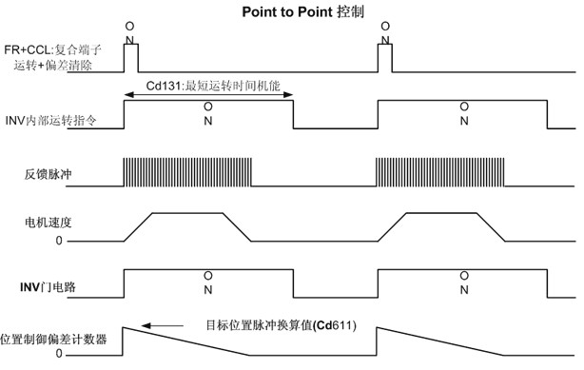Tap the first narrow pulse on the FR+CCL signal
click(x=131, y=58)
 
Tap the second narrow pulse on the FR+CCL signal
click(x=384, y=58)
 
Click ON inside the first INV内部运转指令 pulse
click(x=208, y=114)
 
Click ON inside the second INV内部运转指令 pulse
click(x=463, y=114)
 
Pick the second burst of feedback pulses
click(x=439, y=171)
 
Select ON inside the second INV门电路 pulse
click(x=463, y=283)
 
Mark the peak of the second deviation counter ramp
click(x=378, y=326)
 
